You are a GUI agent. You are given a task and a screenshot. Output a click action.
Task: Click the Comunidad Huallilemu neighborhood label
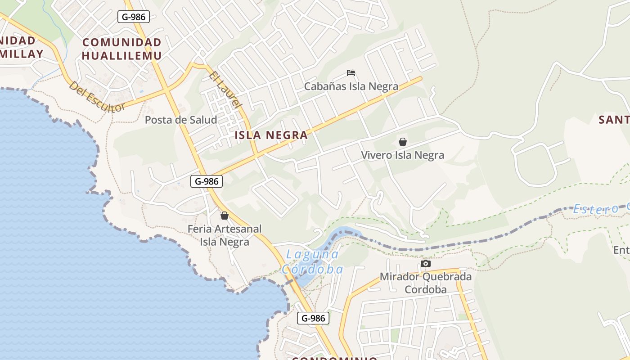[121, 49]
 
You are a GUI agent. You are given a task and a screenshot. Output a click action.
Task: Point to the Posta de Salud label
[181, 120]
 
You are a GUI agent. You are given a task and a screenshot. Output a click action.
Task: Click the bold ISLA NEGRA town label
[271, 135]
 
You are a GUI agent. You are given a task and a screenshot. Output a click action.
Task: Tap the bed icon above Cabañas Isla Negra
[351, 73]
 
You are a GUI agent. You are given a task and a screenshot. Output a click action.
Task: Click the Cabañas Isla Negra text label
[351, 86]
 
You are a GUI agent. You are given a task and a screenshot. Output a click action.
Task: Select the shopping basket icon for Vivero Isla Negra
[403, 142]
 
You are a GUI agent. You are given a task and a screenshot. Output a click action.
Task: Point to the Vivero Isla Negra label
[402, 155]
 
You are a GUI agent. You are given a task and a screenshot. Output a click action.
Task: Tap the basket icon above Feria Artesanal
[225, 216]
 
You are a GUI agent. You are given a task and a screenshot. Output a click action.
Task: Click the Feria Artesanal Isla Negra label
[225, 235]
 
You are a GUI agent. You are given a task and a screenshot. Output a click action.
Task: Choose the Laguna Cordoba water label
[312, 261]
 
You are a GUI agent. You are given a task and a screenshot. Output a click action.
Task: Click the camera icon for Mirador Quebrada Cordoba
[425, 263]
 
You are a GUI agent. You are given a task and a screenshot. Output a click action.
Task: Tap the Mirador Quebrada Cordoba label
[426, 283]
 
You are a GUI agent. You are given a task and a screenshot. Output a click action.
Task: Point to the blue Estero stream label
[595, 209]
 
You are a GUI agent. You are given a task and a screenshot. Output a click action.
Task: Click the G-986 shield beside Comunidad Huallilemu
[134, 17]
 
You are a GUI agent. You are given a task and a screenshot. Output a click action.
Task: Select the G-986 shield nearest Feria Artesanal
[207, 181]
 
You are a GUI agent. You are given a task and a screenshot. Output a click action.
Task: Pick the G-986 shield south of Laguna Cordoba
[313, 318]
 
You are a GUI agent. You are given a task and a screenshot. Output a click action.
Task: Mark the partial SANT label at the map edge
[614, 120]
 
